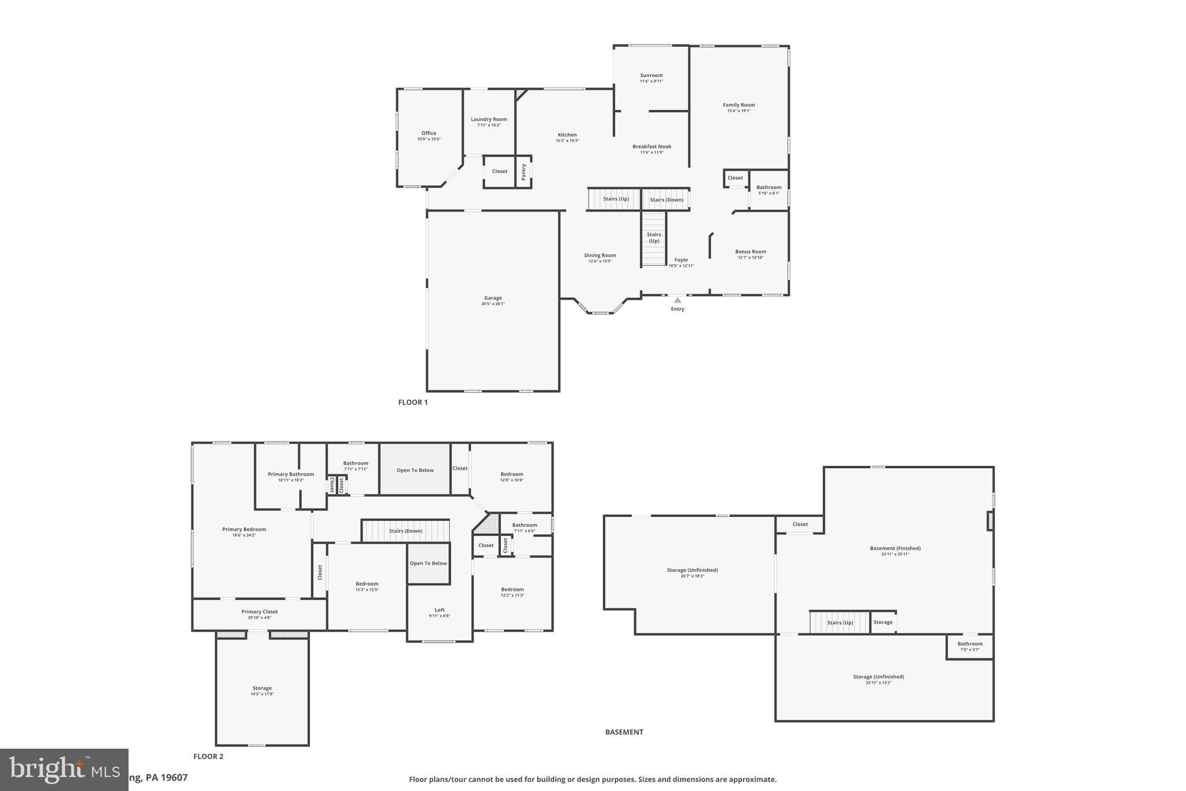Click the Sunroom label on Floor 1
pos(651,75)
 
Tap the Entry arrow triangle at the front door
pos(678,300)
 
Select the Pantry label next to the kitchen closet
pos(524,172)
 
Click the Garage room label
pos(493,298)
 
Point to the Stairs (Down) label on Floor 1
pos(666,200)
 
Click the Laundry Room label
pos(489,119)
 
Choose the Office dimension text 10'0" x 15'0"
pos(429,139)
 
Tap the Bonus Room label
pos(751,251)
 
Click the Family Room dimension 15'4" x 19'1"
pos(738,111)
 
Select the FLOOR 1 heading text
pos(413,402)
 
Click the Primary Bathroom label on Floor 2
pos(291,474)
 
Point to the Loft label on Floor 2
pos(440,610)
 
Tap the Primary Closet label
pos(259,611)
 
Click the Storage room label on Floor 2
pos(262,688)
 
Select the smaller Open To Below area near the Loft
pos(429,563)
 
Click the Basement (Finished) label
pos(895,548)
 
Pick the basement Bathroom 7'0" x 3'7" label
pos(969,644)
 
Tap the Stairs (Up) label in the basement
pos(840,623)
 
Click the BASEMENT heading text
pos(624,732)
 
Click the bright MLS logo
pos(64,769)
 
